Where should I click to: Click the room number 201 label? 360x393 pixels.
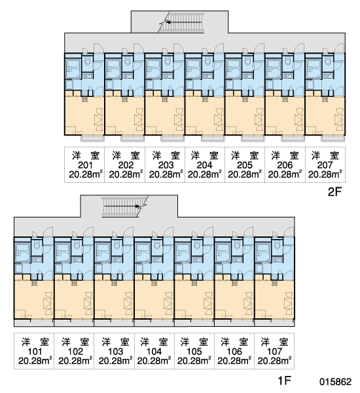point(85,165)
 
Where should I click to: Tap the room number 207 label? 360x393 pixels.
point(325,165)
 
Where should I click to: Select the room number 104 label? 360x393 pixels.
point(154,351)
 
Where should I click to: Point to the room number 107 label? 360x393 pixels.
point(274,351)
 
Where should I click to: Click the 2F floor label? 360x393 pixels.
point(334,192)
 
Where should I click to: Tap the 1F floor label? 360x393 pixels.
point(285,381)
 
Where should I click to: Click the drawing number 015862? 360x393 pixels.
point(335,382)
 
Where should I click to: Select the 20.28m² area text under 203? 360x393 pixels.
point(166,174)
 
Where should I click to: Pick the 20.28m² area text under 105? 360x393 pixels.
point(194,361)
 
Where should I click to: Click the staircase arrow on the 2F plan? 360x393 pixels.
point(184,22)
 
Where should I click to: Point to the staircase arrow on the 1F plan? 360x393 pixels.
point(122,206)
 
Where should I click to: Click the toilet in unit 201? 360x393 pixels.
point(88,61)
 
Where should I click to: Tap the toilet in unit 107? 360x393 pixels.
point(277,245)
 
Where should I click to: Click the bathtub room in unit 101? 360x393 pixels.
point(22,253)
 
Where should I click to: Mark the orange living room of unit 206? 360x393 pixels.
point(285,115)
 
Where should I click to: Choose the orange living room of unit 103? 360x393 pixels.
point(114,299)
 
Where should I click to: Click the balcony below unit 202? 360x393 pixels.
point(132,138)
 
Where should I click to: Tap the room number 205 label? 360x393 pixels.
point(245,165)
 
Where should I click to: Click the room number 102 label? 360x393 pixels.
point(75,351)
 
